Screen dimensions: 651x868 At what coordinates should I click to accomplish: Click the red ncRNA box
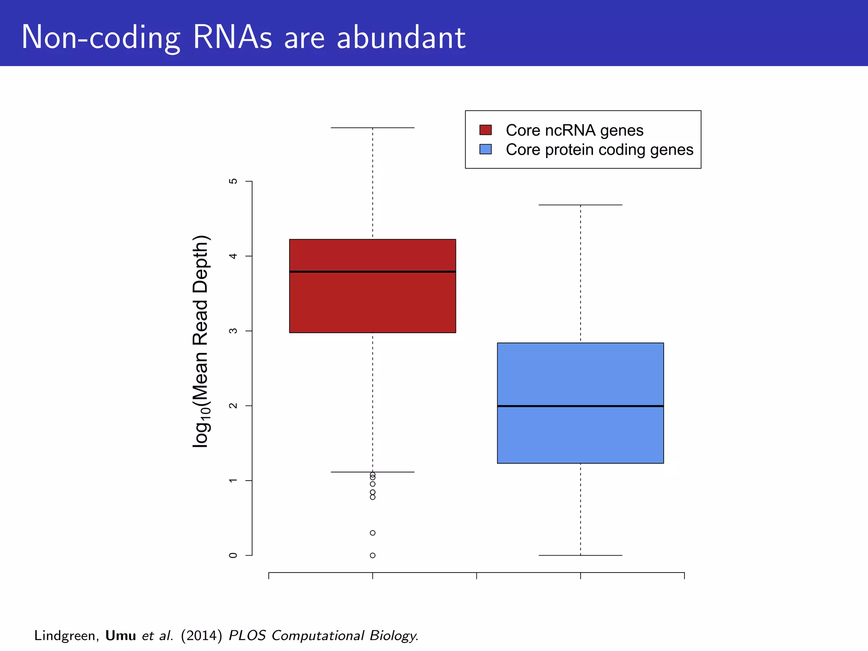tap(372, 301)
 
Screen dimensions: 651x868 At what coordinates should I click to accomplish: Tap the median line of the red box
tap(372, 272)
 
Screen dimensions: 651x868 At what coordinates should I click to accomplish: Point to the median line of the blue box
tap(580, 406)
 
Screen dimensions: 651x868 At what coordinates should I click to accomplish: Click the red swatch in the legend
tap(485, 130)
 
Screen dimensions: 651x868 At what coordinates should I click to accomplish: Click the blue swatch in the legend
tap(485, 149)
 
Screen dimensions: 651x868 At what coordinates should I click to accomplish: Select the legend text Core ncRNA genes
tap(574, 130)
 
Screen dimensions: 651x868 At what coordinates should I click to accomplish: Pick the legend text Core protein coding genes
tap(599, 150)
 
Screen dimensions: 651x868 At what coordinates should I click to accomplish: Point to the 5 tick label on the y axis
tap(233, 181)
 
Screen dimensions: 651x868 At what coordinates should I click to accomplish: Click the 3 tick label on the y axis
tap(233, 331)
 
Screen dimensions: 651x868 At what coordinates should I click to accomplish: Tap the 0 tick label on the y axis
tap(233, 555)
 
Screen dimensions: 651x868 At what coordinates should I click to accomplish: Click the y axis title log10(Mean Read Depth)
tap(201, 341)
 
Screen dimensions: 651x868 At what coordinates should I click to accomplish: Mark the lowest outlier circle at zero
tap(373, 555)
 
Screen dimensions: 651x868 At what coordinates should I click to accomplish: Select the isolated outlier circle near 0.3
tap(373, 533)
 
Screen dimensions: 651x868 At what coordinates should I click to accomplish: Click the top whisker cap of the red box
tap(372, 128)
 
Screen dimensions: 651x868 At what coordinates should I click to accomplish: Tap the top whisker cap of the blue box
tap(580, 205)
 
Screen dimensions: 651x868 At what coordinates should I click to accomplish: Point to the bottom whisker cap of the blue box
tap(580, 555)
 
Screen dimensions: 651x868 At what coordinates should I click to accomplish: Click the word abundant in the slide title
tap(401, 37)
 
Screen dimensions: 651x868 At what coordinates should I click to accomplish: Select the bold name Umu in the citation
tap(120, 635)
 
